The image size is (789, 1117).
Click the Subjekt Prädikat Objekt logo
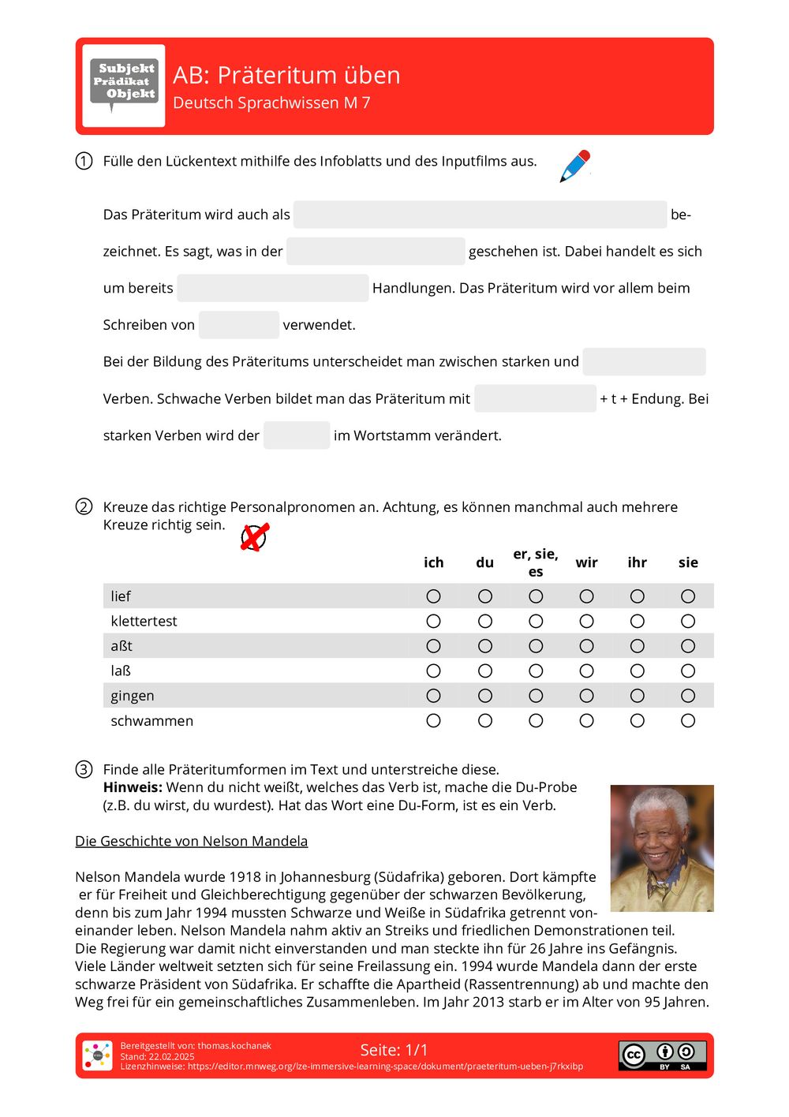(x=124, y=85)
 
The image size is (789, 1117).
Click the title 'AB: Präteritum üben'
(x=286, y=75)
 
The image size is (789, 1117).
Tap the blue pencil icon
(x=575, y=166)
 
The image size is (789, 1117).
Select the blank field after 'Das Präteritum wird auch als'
(x=480, y=215)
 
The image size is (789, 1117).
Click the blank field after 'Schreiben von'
(x=239, y=325)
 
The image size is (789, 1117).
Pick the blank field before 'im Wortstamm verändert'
(x=297, y=435)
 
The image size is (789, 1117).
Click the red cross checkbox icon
(x=254, y=537)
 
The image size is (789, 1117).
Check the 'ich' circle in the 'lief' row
(x=433, y=596)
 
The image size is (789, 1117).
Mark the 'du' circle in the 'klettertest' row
(x=484, y=622)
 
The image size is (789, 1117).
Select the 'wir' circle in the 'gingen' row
(x=586, y=696)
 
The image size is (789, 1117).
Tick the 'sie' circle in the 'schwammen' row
(x=688, y=721)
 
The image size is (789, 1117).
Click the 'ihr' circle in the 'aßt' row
(x=638, y=646)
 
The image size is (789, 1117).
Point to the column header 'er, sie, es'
(x=536, y=562)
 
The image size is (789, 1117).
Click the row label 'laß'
(x=121, y=671)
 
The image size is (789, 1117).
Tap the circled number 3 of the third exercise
(x=84, y=769)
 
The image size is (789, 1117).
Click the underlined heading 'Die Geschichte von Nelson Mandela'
(x=191, y=841)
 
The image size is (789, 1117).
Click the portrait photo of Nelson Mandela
(x=662, y=848)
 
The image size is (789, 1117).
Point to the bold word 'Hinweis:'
(x=133, y=787)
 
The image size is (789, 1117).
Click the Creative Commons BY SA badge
(x=662, y=1055)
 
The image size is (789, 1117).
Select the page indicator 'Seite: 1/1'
(x=394, y=1050)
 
